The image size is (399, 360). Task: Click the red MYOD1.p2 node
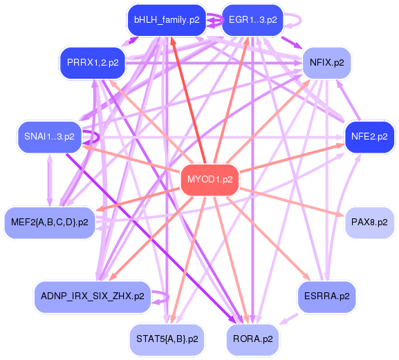coord(210,180)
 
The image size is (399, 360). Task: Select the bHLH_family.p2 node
coord(166,19)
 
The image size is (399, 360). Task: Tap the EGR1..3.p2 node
coord(252,19)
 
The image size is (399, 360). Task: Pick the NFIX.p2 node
coord(326,62)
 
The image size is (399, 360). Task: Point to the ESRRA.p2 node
coord(326,296)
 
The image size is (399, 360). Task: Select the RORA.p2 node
coord(252,339)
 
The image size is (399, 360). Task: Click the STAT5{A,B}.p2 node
coord(167,339)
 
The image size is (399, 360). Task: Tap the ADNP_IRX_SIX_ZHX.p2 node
coord(93,296)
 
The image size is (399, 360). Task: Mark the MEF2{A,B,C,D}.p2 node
coord(50,222)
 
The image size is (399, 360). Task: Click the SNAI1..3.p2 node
coord(49,135)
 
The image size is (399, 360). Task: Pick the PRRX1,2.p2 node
coord(93,62)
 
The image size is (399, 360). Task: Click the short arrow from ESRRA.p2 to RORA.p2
coord(290,319)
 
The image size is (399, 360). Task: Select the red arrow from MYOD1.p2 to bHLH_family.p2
coord(186,97)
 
